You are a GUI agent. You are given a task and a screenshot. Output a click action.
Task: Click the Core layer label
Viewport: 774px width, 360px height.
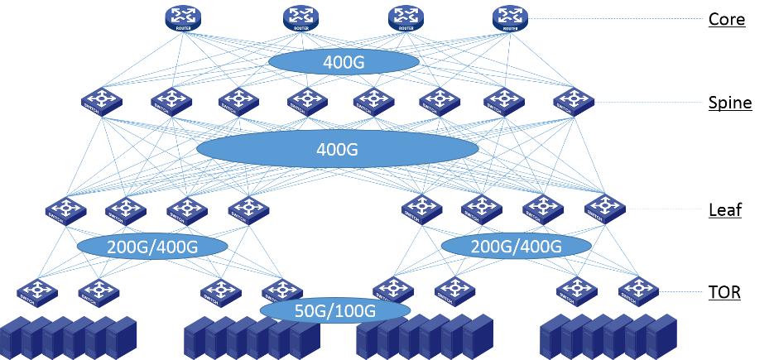pyautogui.click(x=727, y=19)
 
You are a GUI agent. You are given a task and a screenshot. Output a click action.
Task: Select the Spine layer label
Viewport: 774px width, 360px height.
pyautogui.click(x=729, y=103)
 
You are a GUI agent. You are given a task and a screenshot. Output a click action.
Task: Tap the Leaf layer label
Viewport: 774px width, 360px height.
pyautogui.click(x=725, y=209)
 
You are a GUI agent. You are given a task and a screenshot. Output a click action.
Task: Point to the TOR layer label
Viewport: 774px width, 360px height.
pyautogui.click(x=724, y=291)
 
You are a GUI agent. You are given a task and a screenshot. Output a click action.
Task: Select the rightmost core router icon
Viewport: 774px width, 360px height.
pyautogui.click(x=509, y=18)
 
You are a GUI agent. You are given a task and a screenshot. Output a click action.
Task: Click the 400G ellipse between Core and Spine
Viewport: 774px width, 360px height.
pyautogui.click(x=342, y=62)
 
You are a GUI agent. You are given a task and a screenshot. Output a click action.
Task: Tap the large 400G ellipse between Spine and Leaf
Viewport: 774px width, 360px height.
pyautogui.click(x=337, y=150)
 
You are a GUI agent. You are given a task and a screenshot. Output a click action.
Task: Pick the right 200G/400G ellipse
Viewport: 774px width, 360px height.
pyautogui.click(x=516, y=246)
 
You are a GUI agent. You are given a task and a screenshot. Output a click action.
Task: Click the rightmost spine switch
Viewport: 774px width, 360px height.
pyautogui.click(x=570, y=103)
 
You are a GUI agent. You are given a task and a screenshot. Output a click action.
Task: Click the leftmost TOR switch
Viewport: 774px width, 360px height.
pyautogui.click(x=34, y=291)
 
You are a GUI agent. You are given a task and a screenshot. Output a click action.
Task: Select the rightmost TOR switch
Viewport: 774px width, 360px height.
pyautogui.click(x=637, y=290)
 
